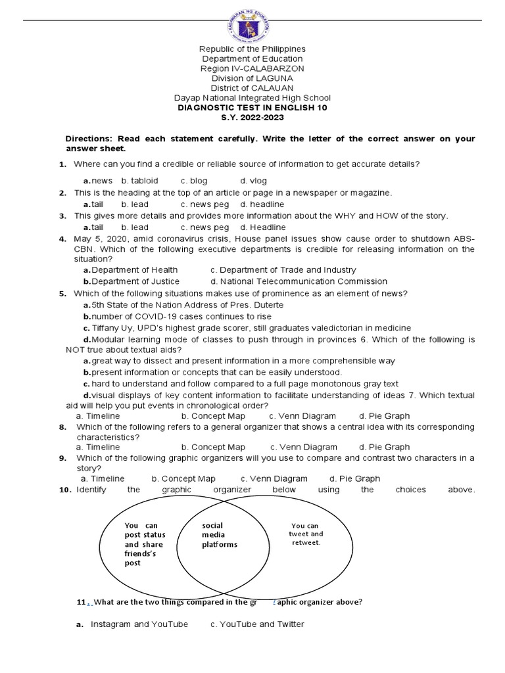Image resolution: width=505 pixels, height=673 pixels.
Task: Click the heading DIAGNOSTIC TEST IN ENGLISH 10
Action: pos(252,107)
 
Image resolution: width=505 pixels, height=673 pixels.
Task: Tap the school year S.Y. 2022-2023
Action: pos(252,117)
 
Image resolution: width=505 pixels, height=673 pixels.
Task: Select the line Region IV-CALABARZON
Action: pos(252,69)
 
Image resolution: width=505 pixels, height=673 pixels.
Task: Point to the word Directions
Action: pos(89,139)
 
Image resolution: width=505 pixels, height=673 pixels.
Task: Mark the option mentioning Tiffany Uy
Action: pos(247,327)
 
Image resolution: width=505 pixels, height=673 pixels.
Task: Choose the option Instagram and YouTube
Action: pos(139,624)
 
